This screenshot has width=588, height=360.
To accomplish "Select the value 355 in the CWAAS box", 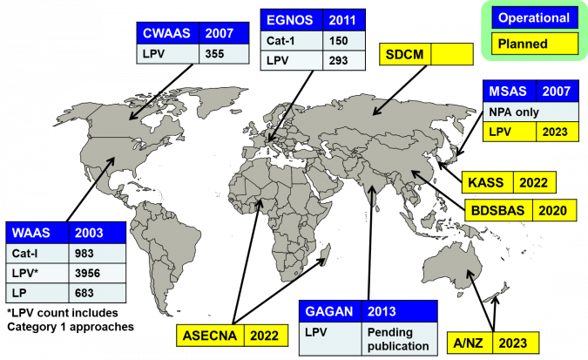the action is coord(214,54).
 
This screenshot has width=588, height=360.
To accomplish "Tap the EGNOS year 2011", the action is coord(342,20).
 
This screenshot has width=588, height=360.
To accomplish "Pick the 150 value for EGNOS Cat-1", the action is coord(338,41).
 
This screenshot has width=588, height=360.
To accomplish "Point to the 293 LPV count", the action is coord(338,60).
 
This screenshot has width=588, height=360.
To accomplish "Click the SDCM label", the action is coord(404,54).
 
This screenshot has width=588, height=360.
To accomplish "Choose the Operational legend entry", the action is coord(534,18).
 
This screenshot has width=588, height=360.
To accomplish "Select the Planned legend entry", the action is coord(523,44).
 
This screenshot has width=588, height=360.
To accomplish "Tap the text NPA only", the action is coord(514,112).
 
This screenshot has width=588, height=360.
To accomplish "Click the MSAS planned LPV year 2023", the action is coord(555,132).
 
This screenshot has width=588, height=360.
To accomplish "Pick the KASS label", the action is coord(485,183).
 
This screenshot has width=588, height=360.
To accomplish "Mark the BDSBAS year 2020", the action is coord(552,211).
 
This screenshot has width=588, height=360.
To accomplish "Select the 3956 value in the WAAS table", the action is coord(87,273).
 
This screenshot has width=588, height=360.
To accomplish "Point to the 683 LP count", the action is coord(84,293).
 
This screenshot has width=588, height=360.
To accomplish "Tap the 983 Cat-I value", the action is coord(84,254).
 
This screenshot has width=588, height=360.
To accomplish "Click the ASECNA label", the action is coord(210,336).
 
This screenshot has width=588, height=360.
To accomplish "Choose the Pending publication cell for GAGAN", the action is coord(398,339).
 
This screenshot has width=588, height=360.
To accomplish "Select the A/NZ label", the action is coord(468,343).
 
